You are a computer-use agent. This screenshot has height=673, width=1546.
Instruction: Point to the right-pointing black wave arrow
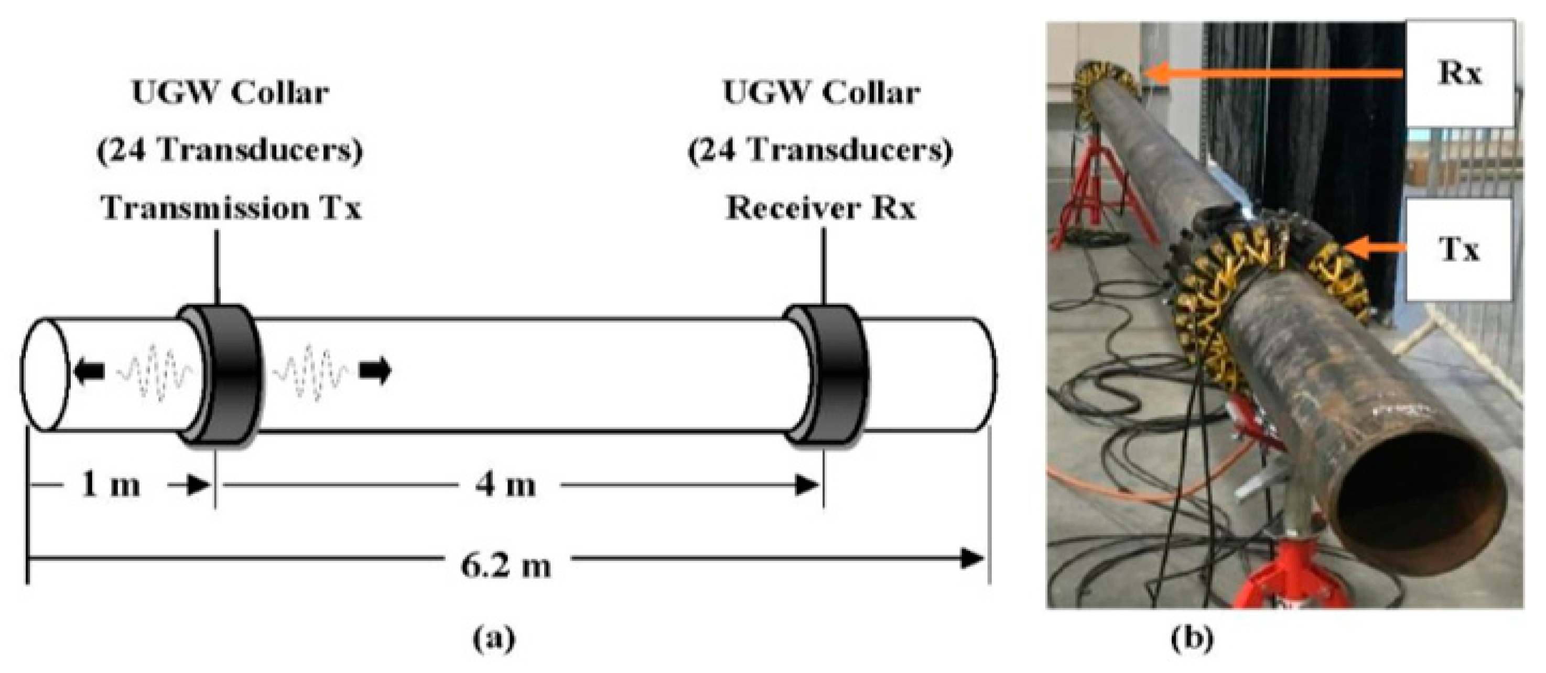coord(375,371)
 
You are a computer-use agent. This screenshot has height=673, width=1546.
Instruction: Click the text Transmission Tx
coord(232,208)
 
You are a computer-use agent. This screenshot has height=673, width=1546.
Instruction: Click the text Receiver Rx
coord(820,208)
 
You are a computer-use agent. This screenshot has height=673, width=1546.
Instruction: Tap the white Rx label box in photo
coord(1459,74)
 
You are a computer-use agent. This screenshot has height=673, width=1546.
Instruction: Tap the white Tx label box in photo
coord(1459,249)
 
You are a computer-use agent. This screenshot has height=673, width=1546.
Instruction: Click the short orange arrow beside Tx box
coord(1375,248)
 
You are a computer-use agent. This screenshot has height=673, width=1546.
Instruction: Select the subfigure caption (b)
coord(1191,639)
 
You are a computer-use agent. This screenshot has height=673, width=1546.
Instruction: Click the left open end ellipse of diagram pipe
coord(43,375)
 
